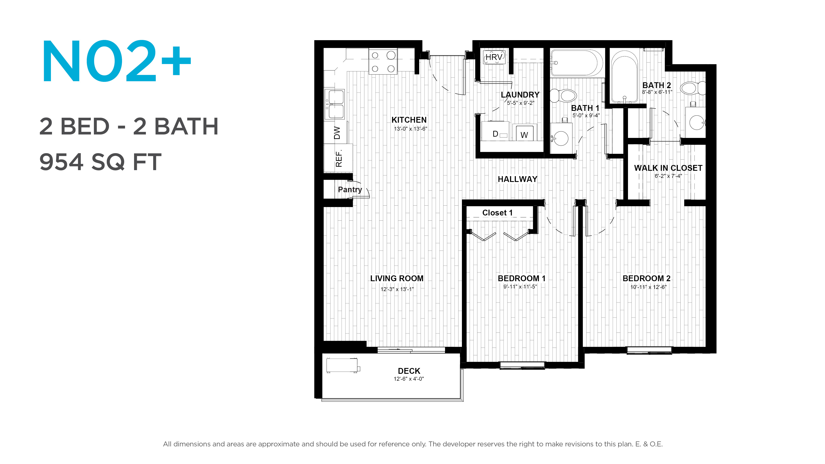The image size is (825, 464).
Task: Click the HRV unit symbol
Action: click(494, 57)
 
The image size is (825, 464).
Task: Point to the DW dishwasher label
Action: click(337, 133)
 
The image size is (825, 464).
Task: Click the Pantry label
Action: click(350, 189)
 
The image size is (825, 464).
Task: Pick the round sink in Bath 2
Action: click(697, 122)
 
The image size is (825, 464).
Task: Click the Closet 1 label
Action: click(497, 213)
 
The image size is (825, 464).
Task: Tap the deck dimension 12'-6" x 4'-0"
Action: click(409, 379)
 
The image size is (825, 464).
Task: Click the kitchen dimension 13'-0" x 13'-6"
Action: click(411, 129)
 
